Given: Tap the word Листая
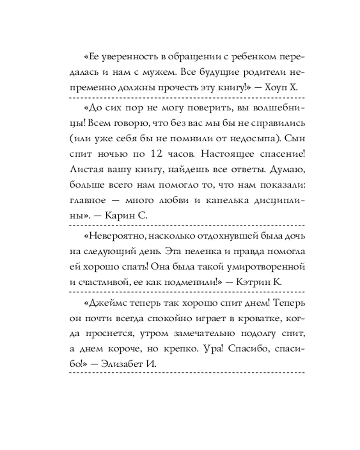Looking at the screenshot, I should click(87, 169).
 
